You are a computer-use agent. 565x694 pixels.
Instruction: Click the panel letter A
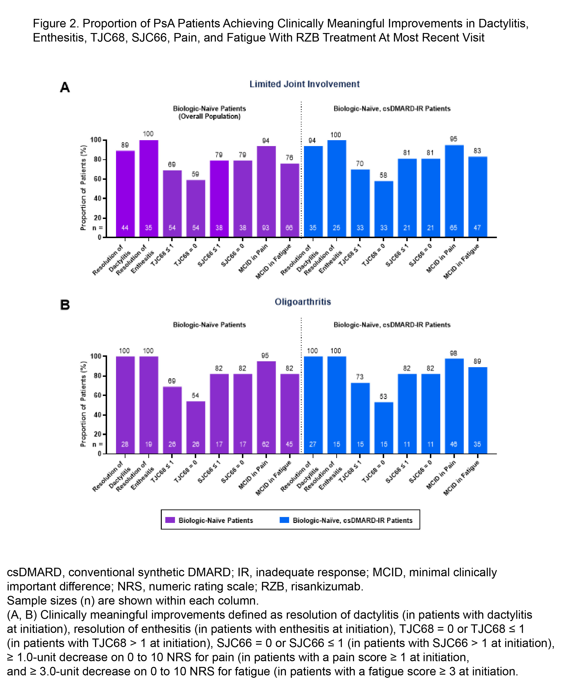pyautogui.click(x=65, y=87)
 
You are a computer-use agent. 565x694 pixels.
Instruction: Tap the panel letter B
pyautogui.click(x=65, y=305)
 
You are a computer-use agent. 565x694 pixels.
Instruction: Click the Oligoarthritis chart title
pyautogui.click(x=303, y=302)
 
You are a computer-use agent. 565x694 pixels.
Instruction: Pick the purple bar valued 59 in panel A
pyautogui.click(x=195, y=208)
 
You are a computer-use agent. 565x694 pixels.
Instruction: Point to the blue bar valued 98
pyautogui.click(x=454, y=405)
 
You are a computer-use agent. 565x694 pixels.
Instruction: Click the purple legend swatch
pyautogui.click(x=170, y=520)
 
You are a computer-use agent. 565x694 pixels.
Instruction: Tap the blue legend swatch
pyautogui.click(x=284, y=520)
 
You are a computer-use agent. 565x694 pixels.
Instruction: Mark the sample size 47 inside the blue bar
pyautogui.click(x=477, y=228)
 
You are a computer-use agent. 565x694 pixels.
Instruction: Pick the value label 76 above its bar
pyautogui.click(x=289, y=158)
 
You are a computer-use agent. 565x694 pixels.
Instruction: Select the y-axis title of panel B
pyautogui.click(x=83, y=404)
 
